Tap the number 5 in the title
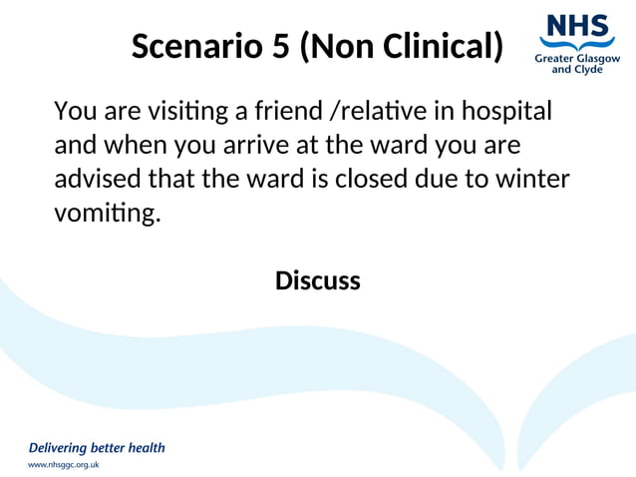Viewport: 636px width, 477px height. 282,46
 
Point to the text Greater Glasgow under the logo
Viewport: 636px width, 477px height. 576,59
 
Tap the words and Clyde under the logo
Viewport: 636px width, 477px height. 576,71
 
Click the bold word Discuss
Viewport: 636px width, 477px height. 317,281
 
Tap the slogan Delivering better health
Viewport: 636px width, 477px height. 96,447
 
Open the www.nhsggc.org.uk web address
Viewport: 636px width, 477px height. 63,465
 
